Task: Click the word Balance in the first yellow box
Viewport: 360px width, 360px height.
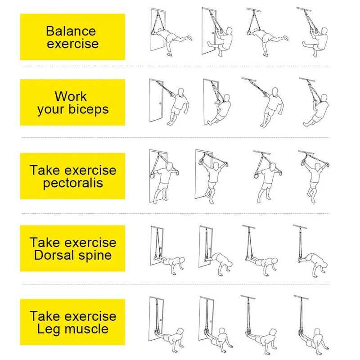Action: pyautogui.click(x=71, y=31)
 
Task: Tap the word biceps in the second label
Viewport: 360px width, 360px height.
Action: pyautogui.click(x=89, y=109)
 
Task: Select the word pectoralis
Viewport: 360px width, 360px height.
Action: pyautogui.click(x=73, y=183)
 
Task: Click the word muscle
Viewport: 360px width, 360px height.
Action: pyautogui.click(x=86, y=329)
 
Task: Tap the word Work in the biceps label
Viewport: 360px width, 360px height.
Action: pyautogui.click(x=71, y=96)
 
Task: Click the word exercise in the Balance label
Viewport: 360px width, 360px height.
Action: pyautogui.click(x=73, y=44)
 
